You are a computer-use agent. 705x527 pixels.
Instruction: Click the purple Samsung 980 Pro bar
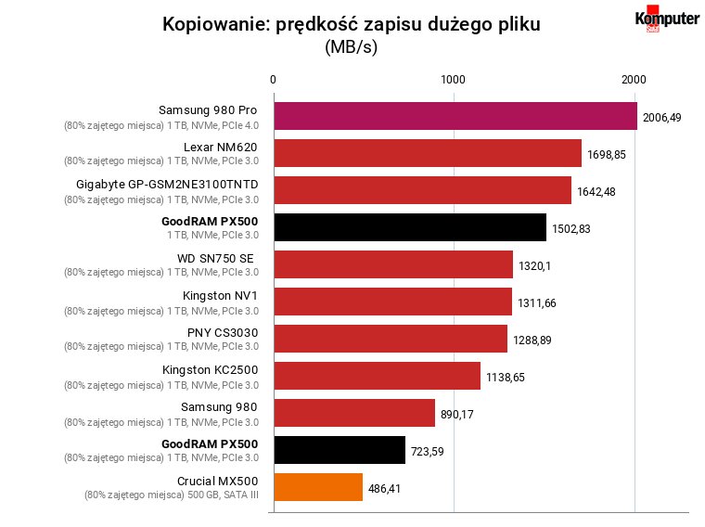455,116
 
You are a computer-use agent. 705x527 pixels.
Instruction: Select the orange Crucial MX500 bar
318,487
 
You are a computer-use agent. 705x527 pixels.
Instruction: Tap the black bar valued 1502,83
410,227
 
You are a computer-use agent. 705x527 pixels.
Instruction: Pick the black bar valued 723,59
340,450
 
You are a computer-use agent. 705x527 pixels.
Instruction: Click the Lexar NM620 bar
428,153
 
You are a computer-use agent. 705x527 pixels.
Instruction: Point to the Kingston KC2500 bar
378,376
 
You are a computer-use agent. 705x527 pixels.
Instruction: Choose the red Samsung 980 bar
354,413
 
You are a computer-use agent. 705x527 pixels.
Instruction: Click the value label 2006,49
661,117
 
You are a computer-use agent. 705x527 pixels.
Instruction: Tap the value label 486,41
384,488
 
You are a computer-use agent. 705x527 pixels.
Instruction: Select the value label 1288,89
532,340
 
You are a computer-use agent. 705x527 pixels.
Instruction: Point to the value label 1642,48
596,191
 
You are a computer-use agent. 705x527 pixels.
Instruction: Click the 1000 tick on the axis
453,80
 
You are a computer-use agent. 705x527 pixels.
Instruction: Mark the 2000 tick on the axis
634,80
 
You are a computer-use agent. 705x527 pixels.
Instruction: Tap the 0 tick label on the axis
273,80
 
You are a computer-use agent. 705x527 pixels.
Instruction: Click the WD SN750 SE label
215,259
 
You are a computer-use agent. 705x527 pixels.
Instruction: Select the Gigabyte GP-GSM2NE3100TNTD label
167,185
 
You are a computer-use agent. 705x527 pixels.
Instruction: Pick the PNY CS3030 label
223,333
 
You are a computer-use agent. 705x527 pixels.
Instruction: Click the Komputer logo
667,19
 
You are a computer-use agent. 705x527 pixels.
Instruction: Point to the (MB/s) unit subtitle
352,46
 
